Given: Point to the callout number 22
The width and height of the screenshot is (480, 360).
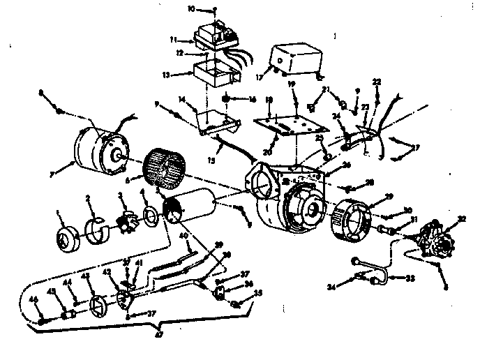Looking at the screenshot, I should click(377, 82).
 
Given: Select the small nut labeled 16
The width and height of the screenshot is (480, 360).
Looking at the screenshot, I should click(228, 98).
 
